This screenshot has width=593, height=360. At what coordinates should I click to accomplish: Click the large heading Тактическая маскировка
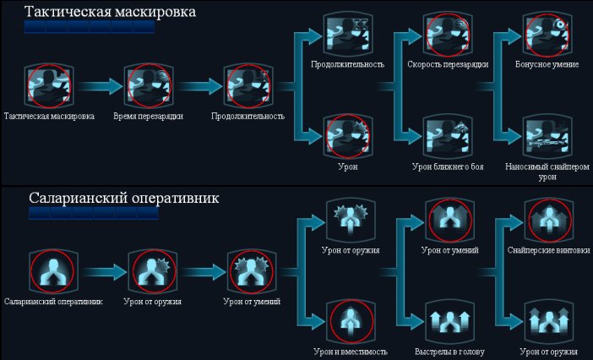click(x=110, y=11)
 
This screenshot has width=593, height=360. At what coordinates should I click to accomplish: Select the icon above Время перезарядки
click(x=149, y=86)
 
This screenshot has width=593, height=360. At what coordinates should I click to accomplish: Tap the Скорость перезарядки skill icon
click(x=448, y=35)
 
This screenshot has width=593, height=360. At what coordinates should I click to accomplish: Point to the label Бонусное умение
click(x=547, y=64)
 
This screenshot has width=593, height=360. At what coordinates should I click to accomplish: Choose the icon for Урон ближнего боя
click(x=448, y=137)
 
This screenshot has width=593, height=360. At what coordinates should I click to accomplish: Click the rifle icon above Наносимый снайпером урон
click(x=547, y=137)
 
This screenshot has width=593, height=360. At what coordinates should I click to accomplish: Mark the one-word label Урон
click(x=347, y=166)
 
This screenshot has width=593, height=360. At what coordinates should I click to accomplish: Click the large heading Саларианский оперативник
click(x=123, y=198)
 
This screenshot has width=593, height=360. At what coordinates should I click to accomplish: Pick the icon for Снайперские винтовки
click(x=549, y=221)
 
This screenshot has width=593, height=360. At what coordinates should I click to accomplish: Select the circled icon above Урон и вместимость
click(x=351, y=322)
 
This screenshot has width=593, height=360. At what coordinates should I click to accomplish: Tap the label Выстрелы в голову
click(x=449, y=352)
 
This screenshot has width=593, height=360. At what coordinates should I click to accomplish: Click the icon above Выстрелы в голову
click(x=449, y=322)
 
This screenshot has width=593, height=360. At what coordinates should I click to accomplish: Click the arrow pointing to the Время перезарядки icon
click(x=101, y=86)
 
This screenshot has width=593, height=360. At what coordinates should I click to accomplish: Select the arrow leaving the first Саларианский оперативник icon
click(x=104, y=272)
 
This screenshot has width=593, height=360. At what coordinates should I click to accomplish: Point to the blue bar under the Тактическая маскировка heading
click(x=90, y=27)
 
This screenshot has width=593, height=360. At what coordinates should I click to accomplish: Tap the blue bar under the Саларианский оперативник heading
click(x=94, y=213)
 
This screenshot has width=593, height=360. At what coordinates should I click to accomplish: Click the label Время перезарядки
click(x=149, y=116)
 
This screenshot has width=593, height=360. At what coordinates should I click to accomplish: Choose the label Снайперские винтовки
click(x=549, y=250)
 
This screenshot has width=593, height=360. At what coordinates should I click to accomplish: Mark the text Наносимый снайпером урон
click(x=547, y=172)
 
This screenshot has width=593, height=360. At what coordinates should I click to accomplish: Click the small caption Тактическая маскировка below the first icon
click(x=49, y=116)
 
